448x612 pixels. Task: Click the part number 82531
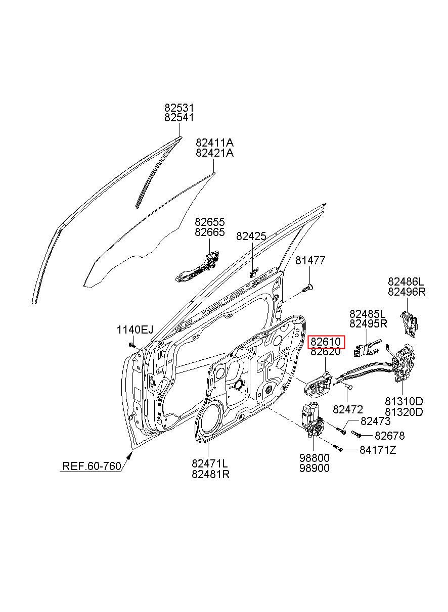pos(179,107)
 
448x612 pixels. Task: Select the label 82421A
pos(214,153)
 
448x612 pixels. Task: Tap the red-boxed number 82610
pos(326,341)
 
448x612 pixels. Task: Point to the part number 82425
pos(251,237)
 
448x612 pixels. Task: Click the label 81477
pos(310,260)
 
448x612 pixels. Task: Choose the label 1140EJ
pos(135,330)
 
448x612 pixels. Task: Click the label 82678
pos(389,436)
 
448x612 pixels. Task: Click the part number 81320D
pos(404,412)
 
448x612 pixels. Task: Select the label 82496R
pos(407,292)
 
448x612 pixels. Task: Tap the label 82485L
pos(368,313)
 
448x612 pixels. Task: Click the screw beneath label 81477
pos(308,288)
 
